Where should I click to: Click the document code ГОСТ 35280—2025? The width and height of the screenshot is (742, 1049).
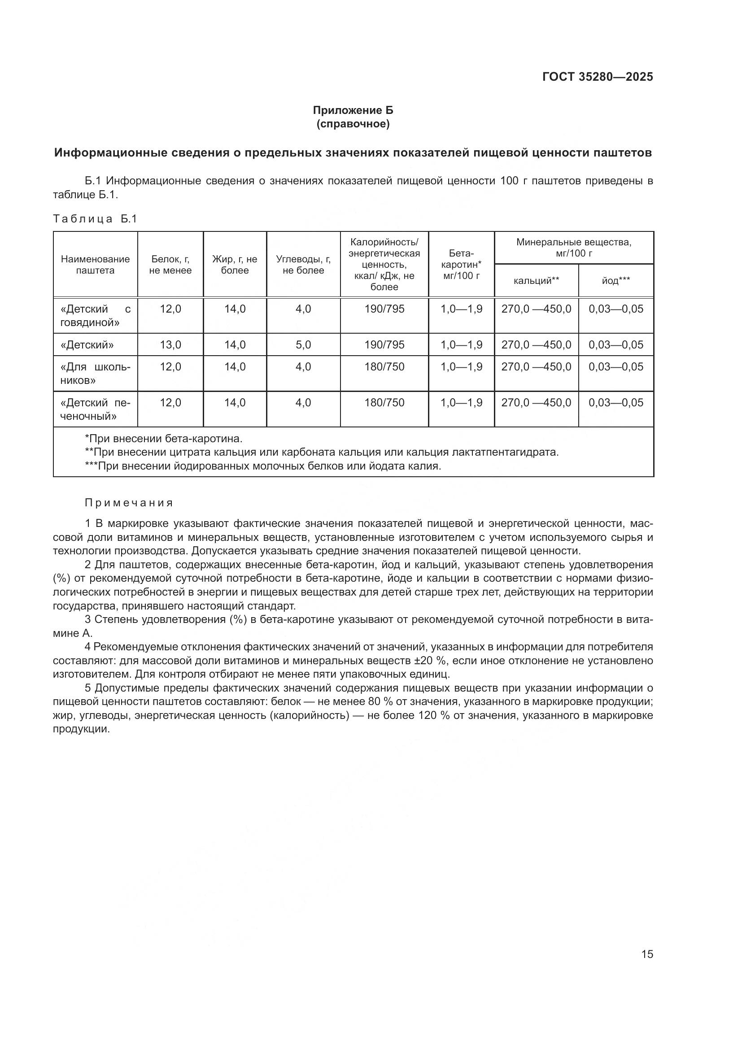pyautogui.click(x=597, y=77)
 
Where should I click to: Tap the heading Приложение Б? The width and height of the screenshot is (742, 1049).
pyautogui.click(x=353, y=110)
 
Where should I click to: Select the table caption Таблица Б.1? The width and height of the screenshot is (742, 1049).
pyautogui.click(x=95, y=219)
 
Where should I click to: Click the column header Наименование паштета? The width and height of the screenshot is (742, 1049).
pyautogui.click(x=95, y=265)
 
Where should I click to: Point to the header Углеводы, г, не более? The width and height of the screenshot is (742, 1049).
pyautogui.click(x=303, y=265)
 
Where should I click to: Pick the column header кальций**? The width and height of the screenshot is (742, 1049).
pyautogui.click(x=536, y=280)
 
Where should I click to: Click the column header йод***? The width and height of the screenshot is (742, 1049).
pyautogui.click(x=615, y=280)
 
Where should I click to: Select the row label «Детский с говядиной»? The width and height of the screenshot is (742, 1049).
pyautogui.click(x=95, y=316)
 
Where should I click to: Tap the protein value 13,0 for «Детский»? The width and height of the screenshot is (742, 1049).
pyautogui.click(x=170, y=344)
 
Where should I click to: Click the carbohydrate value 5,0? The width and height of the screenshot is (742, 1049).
pyautogui.click(x=303, y=344)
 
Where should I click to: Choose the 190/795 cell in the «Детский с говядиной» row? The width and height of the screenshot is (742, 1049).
pyautogui.click(x=384, y=309)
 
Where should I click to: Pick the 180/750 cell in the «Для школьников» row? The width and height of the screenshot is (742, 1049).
pyautogui.click(x=384, y=366)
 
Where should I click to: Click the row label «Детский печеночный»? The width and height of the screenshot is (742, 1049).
pyautogui.click(x=95, y=409)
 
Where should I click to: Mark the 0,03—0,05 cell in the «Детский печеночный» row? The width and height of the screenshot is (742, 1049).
pyautogui.click(x=615, y=402)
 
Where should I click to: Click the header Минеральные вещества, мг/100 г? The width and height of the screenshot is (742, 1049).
pyautogui.click(x=573, y=247)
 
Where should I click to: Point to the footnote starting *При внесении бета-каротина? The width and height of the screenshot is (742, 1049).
pyautogui.click(x=164, y=439)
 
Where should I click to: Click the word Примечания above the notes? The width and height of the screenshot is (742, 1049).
pyautogui.click(x=129, y=503)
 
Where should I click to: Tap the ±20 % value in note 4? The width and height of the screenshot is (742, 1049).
pyautogui.click(x=429, y=661)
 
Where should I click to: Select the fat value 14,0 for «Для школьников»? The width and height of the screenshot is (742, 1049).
pyautogui.click(x=234, y=366)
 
